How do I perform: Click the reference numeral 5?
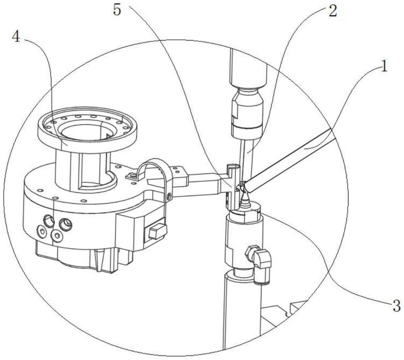click(117, 11)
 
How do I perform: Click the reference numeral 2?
click(332, 11)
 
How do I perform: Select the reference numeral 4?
click(16, 37)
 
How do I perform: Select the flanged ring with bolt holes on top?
click(87, 129)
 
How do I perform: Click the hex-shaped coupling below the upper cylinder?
click(247, 112)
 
